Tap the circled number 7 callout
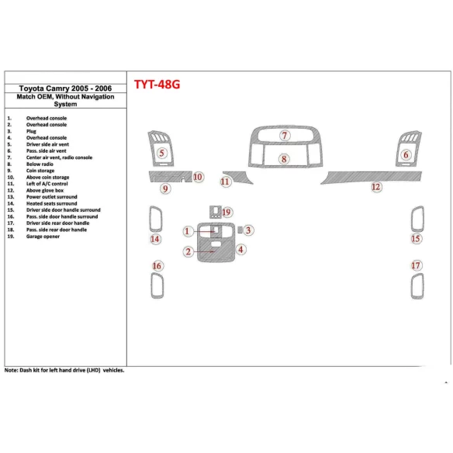(x=285, y=136)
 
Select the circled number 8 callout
(x=285, y=160)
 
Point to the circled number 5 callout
(x=161, y=154)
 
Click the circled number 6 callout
(x=406, y=155)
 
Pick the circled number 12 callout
(x=376, y=187)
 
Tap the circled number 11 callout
(x=225, y=182)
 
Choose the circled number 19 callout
(x=226, y=212)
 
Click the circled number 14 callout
(x=155, y=240)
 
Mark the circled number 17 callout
(x=417, y=266)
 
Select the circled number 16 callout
(x=157, y=266)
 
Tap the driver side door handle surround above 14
(x=155, y=218)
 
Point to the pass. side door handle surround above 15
(x=417, y=218)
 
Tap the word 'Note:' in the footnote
(x=12, y=370)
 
